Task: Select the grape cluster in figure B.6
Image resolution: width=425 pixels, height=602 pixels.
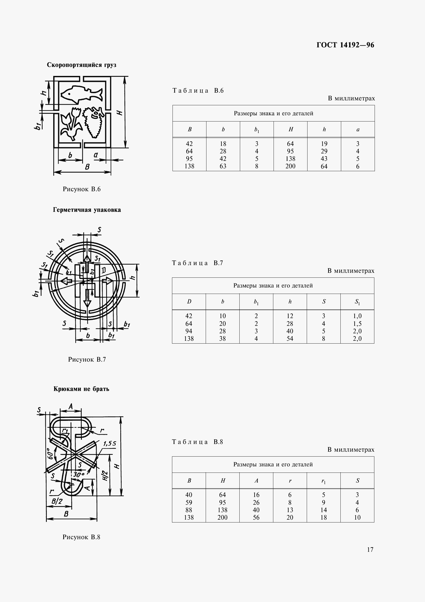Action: pyautogui.click(x=93, y=122)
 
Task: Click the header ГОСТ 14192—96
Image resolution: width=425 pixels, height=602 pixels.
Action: pyautogui.click(x=345, y=45)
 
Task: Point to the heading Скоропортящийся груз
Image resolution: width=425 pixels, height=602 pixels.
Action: pyautogui.click(x=82, y=65)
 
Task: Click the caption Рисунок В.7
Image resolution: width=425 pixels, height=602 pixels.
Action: pyautogui.click(x=87, y=359)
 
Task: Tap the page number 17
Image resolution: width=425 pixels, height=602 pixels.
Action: pyautogui.click(x=370, y=549)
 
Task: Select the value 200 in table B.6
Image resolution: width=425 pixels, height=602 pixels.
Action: pyautogui.click(x=290, y=166)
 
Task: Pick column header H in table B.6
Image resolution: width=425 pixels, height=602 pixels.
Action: pyautogui.click(x=290, y=129)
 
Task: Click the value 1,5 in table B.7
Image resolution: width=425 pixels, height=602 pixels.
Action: pyautogui.click(x=357, y=324)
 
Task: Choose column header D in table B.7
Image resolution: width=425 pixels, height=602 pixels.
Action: pyautogui.click(x=189, y=302)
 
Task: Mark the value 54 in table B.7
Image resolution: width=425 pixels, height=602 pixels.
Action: pyautogui.click(x=290, y=338)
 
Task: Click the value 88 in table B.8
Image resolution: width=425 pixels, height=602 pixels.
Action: pyautogui.click(x=189, y=510)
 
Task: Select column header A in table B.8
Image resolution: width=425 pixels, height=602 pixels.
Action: pyautogui.click(x=256, y=481)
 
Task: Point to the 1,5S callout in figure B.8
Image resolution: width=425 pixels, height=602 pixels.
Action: pyautogui.click(x=110, y=444)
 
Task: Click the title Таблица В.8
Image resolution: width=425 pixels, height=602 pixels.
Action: pyautogui.click(x=197, y=442)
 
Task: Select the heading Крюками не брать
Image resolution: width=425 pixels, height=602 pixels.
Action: pyautogui.click(x=82, y=389)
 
